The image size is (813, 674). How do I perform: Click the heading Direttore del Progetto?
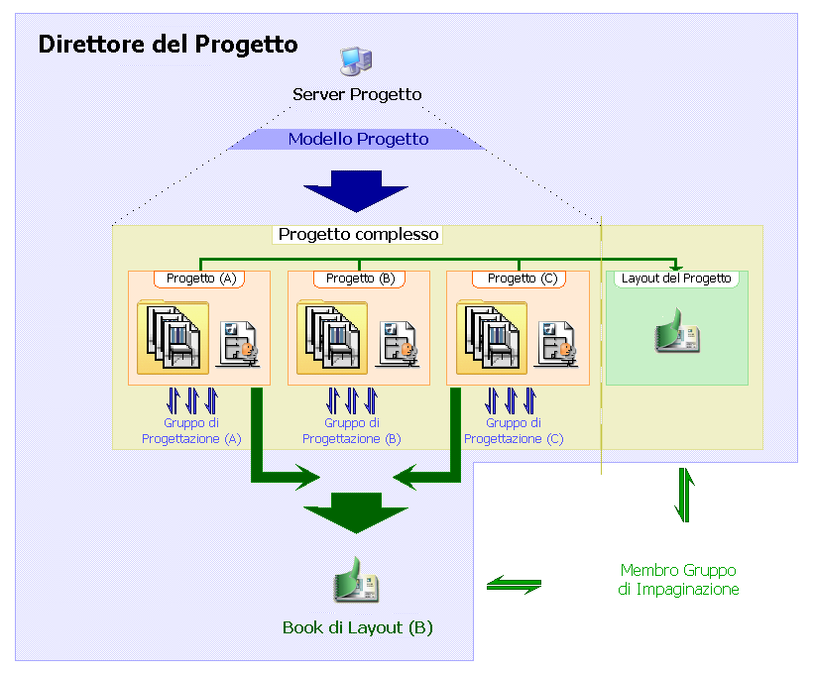168,45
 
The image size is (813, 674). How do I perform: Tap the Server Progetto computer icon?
355,61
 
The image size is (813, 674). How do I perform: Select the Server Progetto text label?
357,94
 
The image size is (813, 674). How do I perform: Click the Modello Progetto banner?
358,139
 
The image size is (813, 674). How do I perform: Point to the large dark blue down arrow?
355,191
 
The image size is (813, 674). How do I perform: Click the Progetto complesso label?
358,235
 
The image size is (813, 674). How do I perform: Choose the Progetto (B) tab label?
360,279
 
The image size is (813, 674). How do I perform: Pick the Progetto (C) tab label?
519,279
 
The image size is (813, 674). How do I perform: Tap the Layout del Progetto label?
676,279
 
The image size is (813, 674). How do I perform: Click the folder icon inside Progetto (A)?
173,337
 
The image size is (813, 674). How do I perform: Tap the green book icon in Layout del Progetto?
676,332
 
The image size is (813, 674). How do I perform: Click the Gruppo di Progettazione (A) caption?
192,430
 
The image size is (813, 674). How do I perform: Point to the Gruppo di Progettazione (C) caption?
514,430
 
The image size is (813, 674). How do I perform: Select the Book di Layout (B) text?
357,627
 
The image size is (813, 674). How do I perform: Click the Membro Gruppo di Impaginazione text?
678,580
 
